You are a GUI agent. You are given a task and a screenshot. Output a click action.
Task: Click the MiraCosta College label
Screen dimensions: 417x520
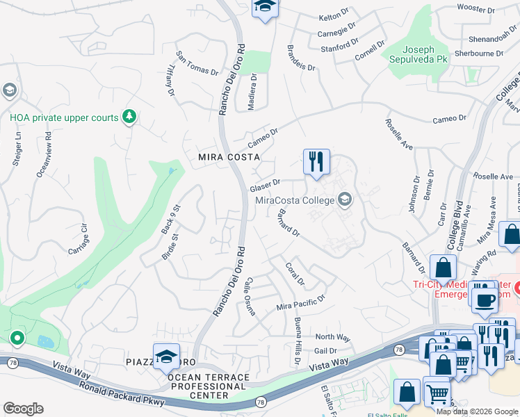[x=295, y=201]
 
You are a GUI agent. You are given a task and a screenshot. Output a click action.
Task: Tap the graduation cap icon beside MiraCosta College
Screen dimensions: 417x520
[x=344, y=201]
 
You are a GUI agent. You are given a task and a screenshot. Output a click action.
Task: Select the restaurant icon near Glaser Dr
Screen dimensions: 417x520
[x=316, y=161]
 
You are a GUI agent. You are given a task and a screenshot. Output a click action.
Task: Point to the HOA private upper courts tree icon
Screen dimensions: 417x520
[x=129, y=117]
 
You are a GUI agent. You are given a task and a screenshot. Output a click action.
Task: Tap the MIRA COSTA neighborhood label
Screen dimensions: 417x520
[x=229, y=157]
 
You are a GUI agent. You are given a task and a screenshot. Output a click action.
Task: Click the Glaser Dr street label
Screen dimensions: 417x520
[x=265, y=186]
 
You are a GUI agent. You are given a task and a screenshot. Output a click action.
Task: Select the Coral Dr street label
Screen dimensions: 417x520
[x=295, y=273]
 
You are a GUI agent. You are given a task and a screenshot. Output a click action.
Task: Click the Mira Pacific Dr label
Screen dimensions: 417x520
[x=301, y=302]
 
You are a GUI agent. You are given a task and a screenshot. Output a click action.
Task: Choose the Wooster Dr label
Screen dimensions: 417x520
[x=476, y=8]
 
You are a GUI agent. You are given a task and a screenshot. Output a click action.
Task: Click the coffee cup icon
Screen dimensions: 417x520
[x=485, y=300]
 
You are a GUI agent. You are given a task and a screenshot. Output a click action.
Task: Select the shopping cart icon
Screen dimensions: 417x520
[x=437, y=395]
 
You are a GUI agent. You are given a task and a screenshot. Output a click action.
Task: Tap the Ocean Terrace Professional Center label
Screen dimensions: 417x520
[x=208, y=386]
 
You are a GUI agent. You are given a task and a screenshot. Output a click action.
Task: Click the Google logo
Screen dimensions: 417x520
[x=23, y=408]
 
